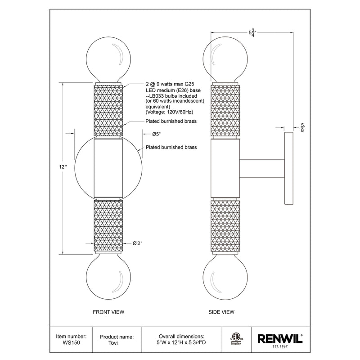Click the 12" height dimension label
63,167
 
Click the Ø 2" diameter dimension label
137,243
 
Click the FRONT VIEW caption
108,311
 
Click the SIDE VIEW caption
222,311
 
